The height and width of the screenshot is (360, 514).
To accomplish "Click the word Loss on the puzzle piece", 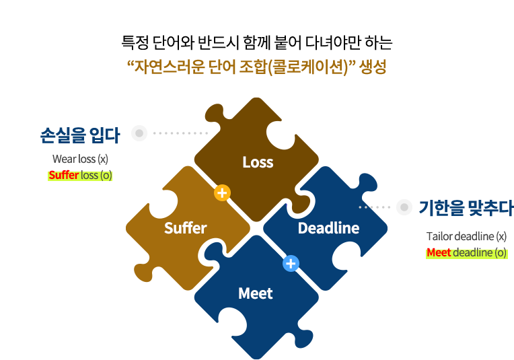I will (x=258, y=162).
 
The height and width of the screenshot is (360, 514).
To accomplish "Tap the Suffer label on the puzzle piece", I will (x=185, y=228).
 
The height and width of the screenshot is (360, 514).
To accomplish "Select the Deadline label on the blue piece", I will (x=328, y=228).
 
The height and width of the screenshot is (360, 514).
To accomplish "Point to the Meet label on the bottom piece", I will (x=256, y=293).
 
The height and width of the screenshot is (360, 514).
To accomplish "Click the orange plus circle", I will (x=222, y=193).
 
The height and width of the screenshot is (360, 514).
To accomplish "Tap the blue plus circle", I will (x=291, y=263).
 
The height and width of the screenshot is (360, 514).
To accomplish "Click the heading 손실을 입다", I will (x=80, y=135).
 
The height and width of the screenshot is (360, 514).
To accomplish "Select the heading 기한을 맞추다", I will (x=466, y=208).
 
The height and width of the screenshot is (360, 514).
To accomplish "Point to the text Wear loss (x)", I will (x=80, y=159).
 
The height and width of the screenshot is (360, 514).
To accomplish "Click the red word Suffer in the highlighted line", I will (x=64, y=176).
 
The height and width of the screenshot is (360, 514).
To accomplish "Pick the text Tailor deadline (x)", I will (x=466, y=236).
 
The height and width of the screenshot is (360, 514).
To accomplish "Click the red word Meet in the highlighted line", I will (x=439, y=253).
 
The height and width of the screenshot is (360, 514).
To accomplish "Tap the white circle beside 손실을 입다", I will (x=139, y=133).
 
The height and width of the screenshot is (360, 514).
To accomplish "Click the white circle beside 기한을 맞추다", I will (x=404, y=207).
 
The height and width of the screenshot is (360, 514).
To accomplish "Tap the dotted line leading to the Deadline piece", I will (x=375, y=207).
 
